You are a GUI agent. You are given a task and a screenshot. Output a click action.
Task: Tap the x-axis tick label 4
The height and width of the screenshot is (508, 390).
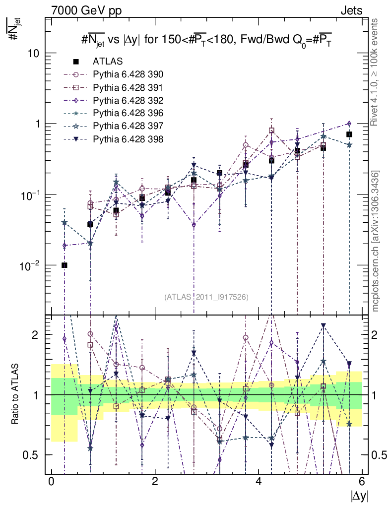click(259, 482)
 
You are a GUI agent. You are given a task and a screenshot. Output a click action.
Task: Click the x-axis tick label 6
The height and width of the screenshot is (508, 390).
click(362, 482)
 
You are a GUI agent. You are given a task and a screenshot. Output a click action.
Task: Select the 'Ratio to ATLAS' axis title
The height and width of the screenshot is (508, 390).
click(15, 395)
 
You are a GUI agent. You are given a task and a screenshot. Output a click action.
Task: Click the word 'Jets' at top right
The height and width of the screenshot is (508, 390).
click(351, 10)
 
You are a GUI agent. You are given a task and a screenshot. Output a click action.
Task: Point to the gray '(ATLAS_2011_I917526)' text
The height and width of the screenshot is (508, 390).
click(206, 297)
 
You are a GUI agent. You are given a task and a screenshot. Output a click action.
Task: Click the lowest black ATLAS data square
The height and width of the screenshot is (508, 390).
click(65, 265)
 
